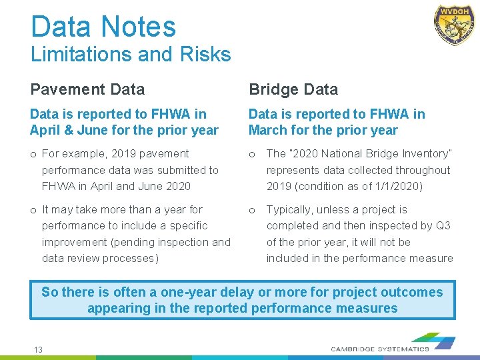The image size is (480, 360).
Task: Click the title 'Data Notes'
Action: pos(103,27)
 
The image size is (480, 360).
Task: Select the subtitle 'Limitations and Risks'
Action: pos(131,54)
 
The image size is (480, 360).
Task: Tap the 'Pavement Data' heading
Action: pos(87,89)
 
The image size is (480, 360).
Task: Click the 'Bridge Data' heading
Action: pos(293,89)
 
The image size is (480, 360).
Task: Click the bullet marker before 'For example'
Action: pos(33,155)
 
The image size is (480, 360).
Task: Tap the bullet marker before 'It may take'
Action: pos(33,210)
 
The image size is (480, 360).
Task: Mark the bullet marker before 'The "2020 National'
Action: pos(252,155)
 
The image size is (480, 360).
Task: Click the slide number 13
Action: pos(39,349)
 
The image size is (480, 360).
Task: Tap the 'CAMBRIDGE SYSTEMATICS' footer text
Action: pos(380,349)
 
